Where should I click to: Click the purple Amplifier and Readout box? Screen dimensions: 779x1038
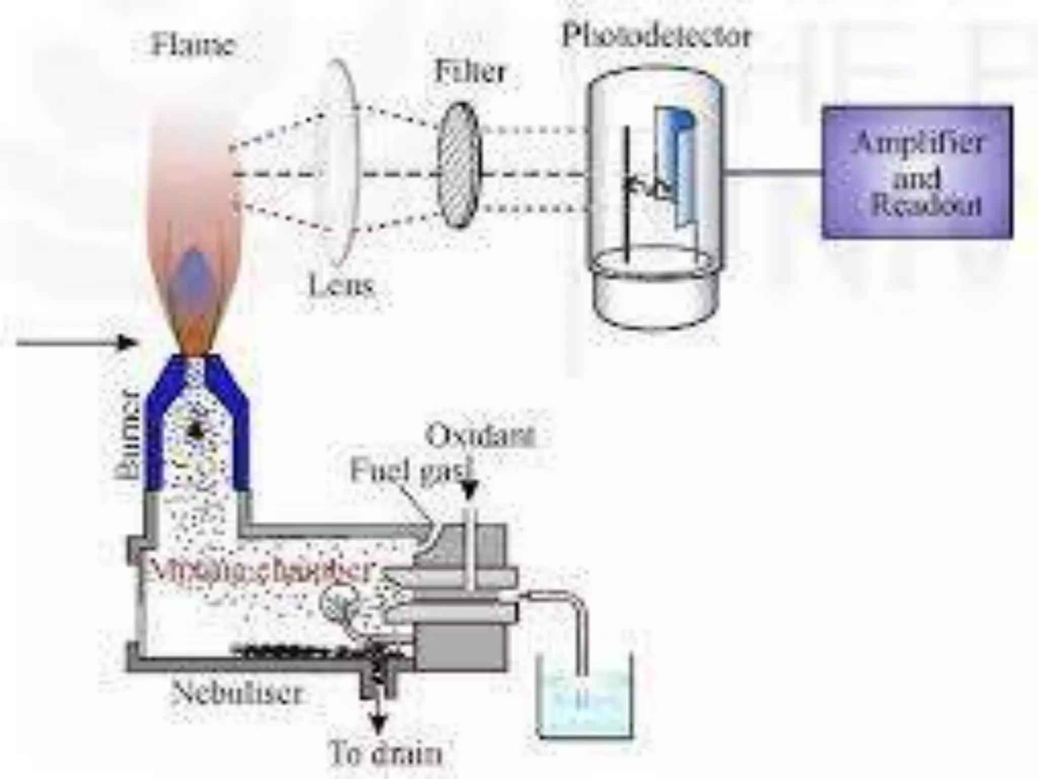[917, 172]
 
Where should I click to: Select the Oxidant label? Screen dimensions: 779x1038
[480, 436]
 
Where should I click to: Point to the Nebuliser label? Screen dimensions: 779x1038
[237, 692]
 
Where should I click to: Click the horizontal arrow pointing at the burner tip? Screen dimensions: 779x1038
[76, 343]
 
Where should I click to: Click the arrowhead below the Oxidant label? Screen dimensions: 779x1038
[470, 490]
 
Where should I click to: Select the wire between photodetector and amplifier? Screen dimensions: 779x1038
[773, 172]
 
